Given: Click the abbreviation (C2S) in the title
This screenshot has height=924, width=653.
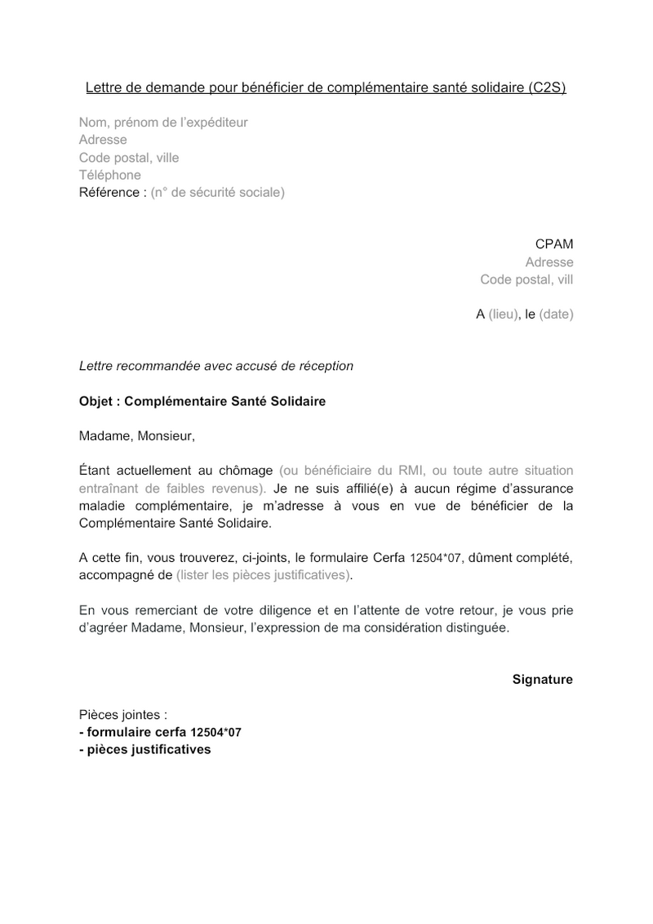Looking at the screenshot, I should tap(546, 87).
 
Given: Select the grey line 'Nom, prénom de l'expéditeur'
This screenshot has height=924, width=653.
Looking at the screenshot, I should tap(163, 123).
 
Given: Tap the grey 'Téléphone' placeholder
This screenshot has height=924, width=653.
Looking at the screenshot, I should tap(109, 175).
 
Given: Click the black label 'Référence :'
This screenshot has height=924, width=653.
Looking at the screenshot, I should tap(113, 193).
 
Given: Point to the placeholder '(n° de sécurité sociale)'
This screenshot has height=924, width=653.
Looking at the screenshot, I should tap(218, 193).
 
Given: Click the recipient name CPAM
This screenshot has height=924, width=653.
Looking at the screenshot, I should tap(554, 244).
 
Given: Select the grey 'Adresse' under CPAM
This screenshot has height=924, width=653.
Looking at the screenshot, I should tap(549, 262).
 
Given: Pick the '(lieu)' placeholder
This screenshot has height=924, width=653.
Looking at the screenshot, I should tap(504, 315).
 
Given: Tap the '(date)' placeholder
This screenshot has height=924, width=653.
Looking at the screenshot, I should tap(556, 315).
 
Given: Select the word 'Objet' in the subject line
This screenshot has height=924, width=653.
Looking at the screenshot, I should tap(96, 402).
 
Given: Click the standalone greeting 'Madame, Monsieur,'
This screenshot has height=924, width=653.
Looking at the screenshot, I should tap(137, 435).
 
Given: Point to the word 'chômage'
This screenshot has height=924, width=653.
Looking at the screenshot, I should tap(246, 471).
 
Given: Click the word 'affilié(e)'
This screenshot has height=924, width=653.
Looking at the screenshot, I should tap(370, 489).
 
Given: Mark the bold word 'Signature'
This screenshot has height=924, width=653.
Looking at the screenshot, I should tap(543, 680).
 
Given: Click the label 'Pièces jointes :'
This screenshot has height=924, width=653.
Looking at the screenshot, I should tap(123, 714).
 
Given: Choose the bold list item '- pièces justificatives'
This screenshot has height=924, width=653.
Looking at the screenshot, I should tap(144, 749).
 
